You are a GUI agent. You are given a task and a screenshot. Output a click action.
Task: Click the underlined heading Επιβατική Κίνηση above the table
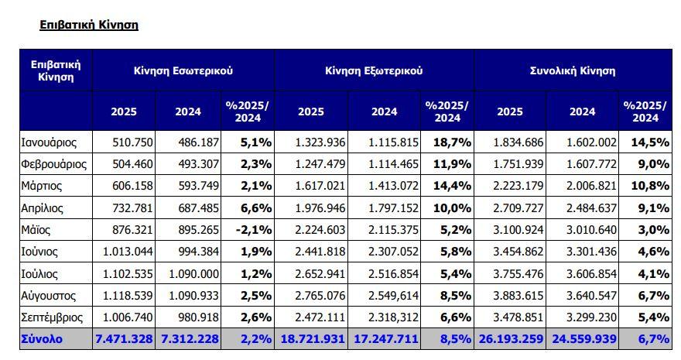pos(88,25)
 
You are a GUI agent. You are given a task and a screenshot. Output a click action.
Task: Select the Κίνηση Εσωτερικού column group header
pos(183,70)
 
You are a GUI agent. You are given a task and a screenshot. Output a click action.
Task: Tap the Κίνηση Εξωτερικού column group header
pos(373,70)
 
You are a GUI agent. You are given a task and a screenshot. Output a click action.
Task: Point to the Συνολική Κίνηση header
pos(572,70)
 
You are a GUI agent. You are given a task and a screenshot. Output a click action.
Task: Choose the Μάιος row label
pos(37,230)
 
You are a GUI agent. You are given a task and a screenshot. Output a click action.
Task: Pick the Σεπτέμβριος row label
pos(54,317)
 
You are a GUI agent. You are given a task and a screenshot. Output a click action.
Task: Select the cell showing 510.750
pos(132,142)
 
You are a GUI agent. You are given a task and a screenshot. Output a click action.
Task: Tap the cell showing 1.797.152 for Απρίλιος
pos(384,208)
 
